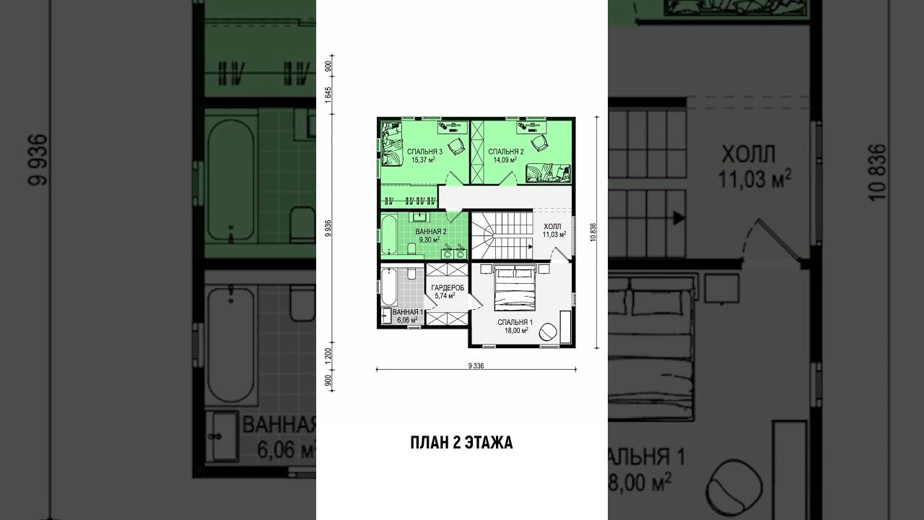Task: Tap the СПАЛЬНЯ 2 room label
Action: [x=506, y=152]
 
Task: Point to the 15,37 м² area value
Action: [x=424, y=160]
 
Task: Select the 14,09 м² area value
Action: [x=505, y=160]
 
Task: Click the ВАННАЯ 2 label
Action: [x=431, y=232]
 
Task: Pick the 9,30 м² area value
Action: [x=430, y=240]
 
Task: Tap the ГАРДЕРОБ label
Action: [x=448, y=287]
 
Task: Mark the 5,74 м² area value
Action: [x=445, y=295]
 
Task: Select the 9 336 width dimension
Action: [x=476, y=365]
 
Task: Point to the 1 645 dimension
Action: [x=328, y=95]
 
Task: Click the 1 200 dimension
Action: [x=328, y=356]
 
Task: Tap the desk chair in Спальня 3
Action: [x=456, y=146]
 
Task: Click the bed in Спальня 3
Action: [x=391, y=144]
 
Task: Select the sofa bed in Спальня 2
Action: [x=548, y=173]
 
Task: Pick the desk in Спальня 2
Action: [x=531, y=127]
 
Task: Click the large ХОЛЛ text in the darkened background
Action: [x=749, y=155]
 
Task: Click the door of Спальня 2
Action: [x=508, y=178]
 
